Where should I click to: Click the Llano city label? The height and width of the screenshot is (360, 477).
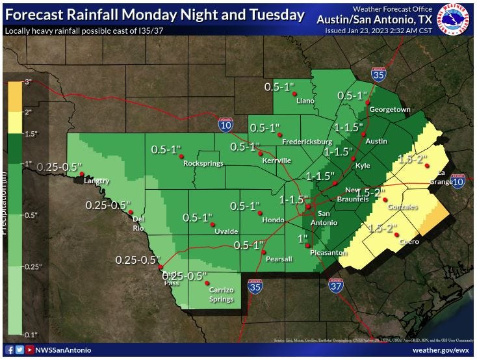tap(305, 101)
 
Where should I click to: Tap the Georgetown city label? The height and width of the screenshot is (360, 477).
tap(390, 110)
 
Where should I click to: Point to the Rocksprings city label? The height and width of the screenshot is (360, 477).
tap(203, 164)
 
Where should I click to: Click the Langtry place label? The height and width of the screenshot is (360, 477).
tap(96, 181)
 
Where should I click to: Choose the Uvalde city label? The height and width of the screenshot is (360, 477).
tap(226, 231)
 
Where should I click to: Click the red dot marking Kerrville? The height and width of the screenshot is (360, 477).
tap(261, 153)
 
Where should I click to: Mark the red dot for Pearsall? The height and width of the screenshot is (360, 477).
tap(264, 251)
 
